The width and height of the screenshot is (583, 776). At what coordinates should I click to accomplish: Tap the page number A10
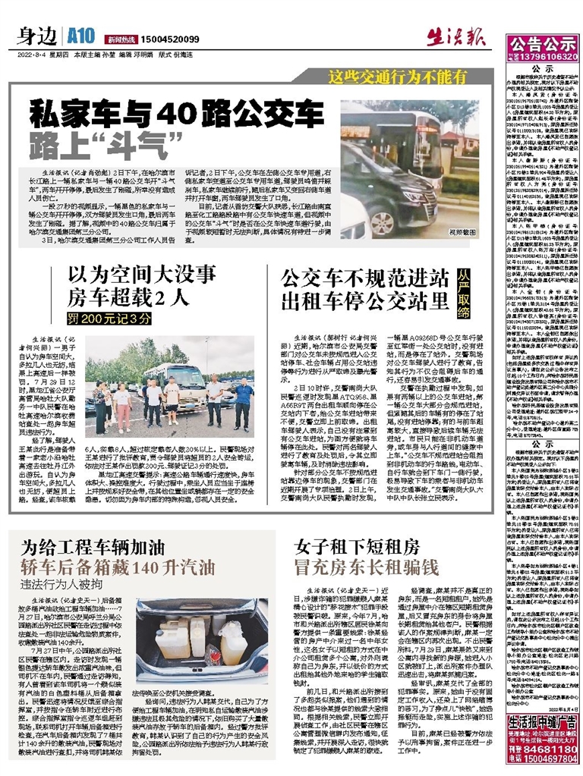click(x=80, y=37)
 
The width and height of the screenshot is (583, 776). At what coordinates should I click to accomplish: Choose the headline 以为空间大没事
click(x=142, y=274)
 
